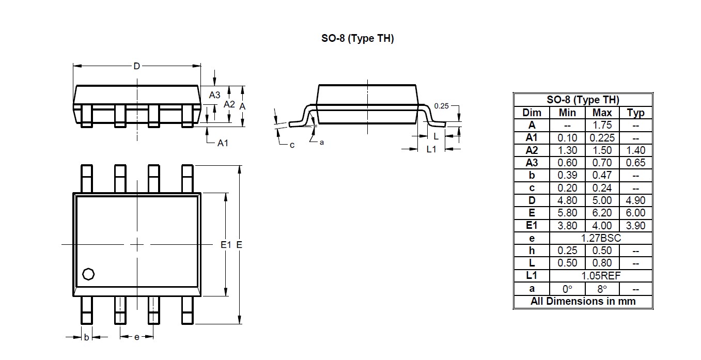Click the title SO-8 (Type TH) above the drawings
point(357,39)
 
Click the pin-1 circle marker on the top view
point(88,274)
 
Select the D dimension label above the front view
point(137,66)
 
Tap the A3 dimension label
point(214,95)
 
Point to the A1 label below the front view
point(223,143)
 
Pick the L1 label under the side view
point(431,149)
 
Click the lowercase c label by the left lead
point(292,145)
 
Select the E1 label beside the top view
point(225,245)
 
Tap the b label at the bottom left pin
point(86,337)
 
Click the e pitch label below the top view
point(136,337)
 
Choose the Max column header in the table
point(602,113)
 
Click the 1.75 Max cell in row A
point(602,125)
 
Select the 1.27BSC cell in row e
point(602,238)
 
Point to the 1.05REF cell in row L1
point(602,276)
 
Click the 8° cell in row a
point(602,289)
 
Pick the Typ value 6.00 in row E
point(635,213)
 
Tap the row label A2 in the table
point(532,150)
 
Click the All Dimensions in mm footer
point(583,301)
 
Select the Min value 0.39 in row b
point(567,175)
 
